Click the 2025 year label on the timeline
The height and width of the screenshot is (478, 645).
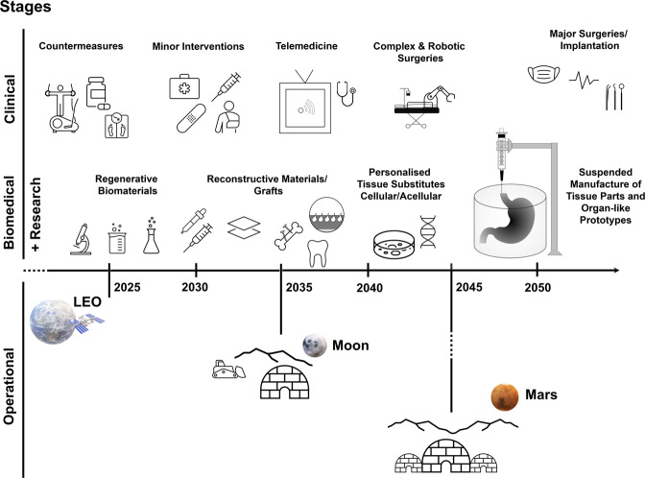click(x=127, y=287)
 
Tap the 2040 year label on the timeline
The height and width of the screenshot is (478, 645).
click(x=369, y=287)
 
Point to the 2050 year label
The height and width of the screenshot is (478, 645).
click(x=537, y=287)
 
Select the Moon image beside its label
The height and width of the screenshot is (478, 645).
click(x=313, y=345)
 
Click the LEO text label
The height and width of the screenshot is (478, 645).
click(x=89, y=305)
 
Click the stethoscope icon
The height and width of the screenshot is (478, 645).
click(x=347, y=96)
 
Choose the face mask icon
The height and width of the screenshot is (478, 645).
click(x=544, y=74)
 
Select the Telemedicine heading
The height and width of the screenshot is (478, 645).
click(x=308, y=45)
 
